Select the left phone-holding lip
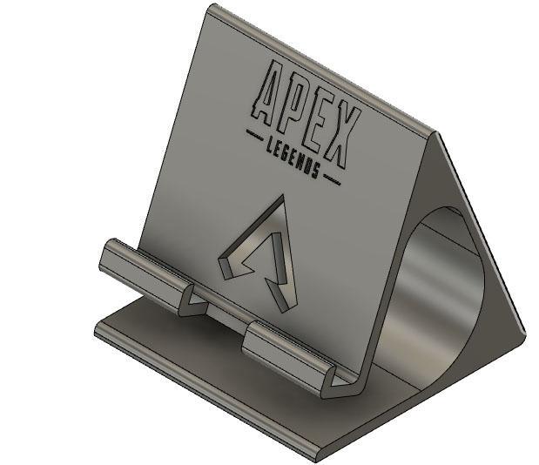click(144, 266)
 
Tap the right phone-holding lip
click(287, 348)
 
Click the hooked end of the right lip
click(340, 383)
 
